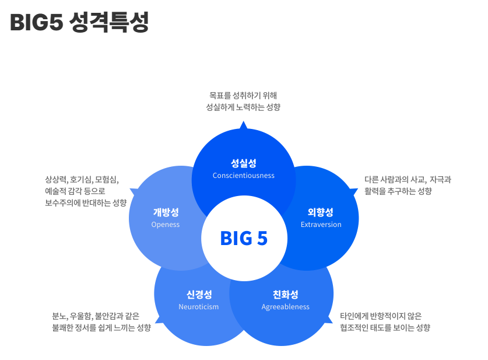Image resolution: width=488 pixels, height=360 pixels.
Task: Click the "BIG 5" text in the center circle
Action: point(244,239)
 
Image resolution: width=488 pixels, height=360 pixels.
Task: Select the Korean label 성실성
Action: point(244,163)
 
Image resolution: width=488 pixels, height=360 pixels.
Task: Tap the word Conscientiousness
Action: point(244,176)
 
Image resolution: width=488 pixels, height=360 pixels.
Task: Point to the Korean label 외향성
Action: point(321,212)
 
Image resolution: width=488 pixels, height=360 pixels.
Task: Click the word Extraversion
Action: point(321,225)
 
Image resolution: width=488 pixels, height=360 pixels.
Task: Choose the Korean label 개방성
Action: point(166,212)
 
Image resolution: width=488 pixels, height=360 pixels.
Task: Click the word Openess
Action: point(166,225)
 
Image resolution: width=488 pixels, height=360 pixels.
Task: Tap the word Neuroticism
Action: point(199,307)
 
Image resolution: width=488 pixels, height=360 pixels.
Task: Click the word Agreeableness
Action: point(286,307)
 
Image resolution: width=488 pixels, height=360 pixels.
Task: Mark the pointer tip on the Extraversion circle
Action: point(355,190)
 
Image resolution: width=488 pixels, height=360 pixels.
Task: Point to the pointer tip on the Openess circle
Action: point(132,190)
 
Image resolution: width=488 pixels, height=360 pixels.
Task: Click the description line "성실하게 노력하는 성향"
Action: point(244,107)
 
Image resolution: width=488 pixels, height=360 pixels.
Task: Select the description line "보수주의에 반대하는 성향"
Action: point(86,203)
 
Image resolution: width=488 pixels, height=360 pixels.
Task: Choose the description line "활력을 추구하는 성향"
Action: point(398,191)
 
